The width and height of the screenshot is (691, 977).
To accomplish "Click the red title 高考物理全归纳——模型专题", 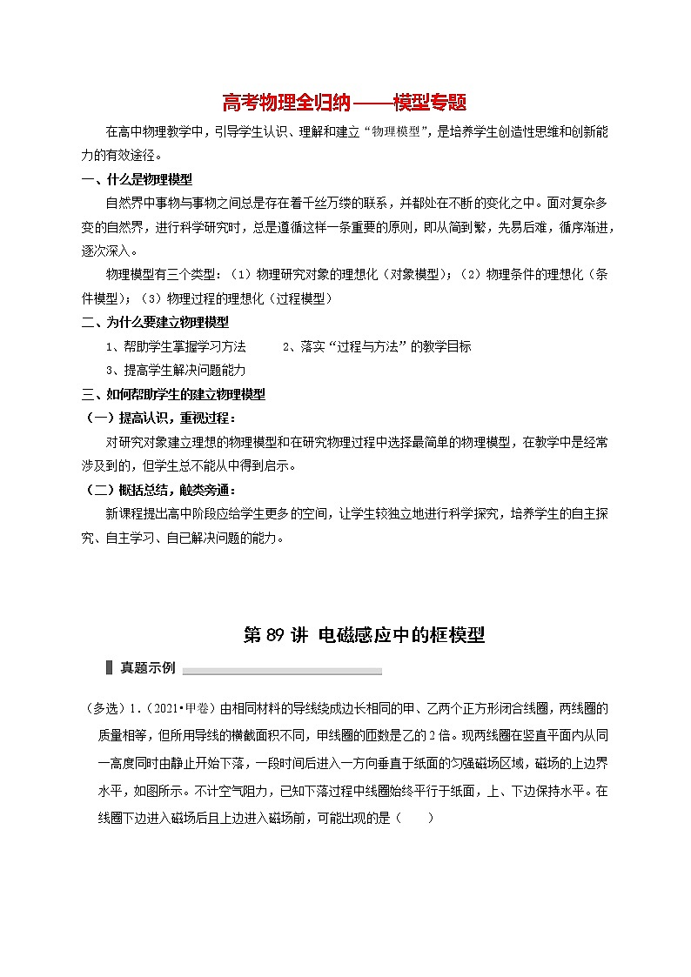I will click(x=345, y=104).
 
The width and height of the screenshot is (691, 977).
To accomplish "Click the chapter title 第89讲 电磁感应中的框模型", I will click(x=363, y=635).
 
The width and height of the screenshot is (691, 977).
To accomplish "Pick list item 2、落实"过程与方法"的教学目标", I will click(x=377, y=345).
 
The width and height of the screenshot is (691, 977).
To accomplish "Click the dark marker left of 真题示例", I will click(x=108, y=668).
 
